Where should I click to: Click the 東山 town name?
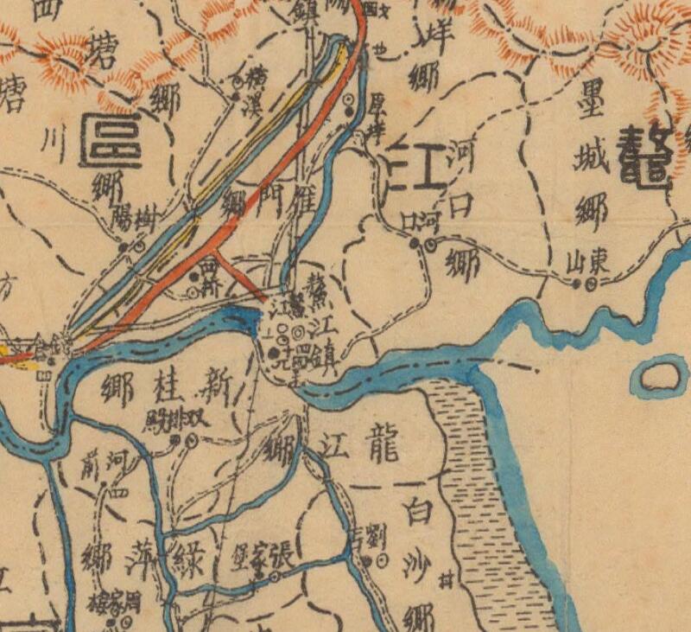[x=585, y=263]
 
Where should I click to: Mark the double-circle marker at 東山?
[x=592, y=282]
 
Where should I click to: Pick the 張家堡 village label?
[x=257, y=560]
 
